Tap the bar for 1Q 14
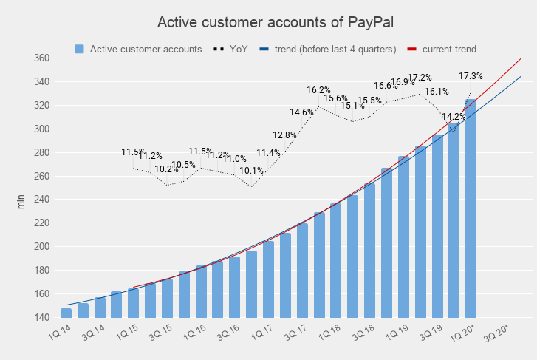[66, 313]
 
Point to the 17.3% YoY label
[471, 76]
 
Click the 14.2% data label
[454, 117]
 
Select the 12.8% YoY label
[284, 135]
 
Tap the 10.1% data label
[252, 171]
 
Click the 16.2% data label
[320, 90]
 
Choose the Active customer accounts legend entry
[138, 49]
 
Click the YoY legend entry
[231, 49]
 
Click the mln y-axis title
[21, 200]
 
